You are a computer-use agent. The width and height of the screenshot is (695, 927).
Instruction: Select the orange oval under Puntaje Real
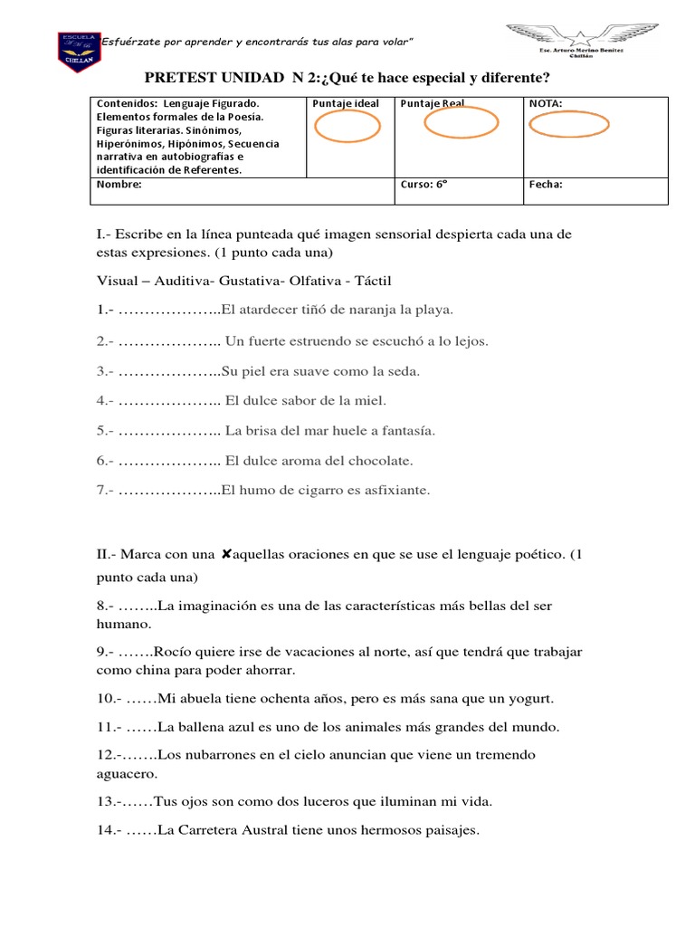(461, 122)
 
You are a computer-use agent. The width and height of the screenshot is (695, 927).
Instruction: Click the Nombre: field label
(119, 185)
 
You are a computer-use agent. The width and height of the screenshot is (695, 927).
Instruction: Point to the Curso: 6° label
(424, 185)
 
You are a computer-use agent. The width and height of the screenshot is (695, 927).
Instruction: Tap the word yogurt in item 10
(527, 699)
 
